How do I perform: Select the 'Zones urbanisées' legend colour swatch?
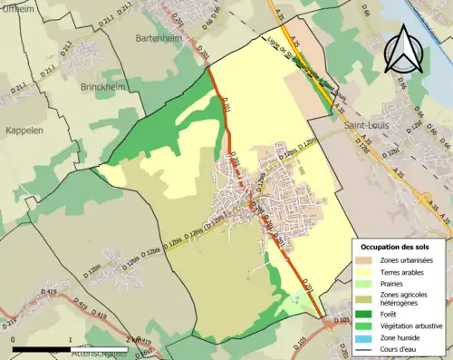[x=363, y=259]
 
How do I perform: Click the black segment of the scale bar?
[x=42, y=348]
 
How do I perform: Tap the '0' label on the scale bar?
[x=14, y=340]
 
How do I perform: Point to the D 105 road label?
[x=342, y=320]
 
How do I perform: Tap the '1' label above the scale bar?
[x=70, y=340]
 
